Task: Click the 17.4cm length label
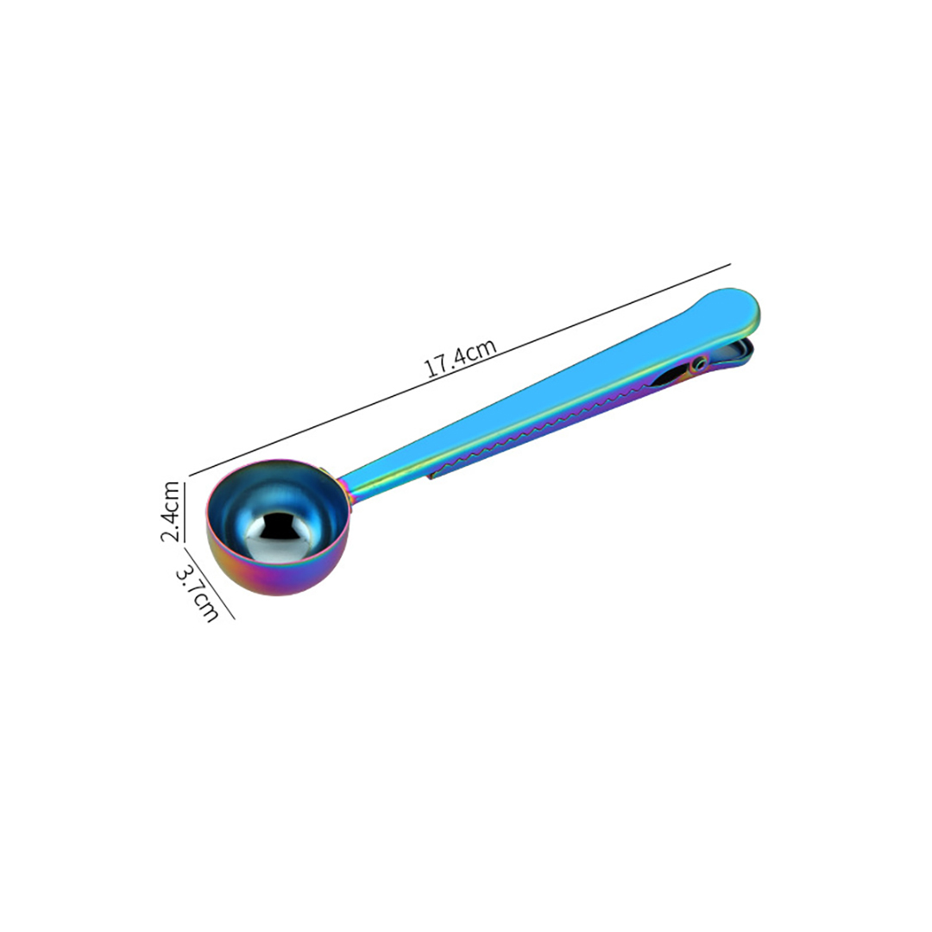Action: point(461,358)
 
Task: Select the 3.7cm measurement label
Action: point(198,593)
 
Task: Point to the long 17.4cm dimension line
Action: point(459,369)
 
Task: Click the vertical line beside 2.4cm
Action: point(185,512)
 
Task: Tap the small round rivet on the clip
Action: point(700,362)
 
